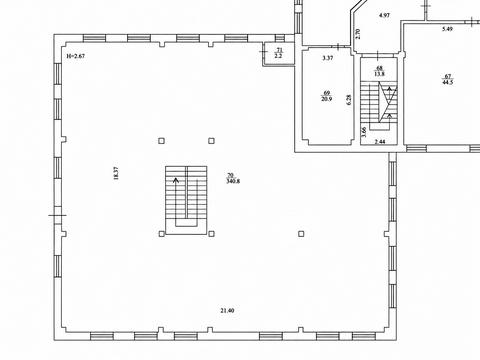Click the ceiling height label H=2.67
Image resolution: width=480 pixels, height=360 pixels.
tap(76, 56)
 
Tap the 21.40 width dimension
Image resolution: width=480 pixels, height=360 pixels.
tap(227, 311)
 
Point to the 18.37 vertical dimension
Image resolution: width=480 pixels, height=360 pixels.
tap(116, 173)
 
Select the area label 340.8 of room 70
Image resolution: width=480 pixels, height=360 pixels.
tap(233, 181)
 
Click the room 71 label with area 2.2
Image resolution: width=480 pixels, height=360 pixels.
tap(279, 53)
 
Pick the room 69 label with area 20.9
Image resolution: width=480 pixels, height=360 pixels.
tap(327, 96)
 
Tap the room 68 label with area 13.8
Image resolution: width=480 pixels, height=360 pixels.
tap(379, 71)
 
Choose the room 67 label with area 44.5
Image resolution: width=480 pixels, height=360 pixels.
tap(448, 79)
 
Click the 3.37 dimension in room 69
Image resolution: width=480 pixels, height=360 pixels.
tap(328, 58)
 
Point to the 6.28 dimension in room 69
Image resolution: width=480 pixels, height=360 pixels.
tap(349, 100)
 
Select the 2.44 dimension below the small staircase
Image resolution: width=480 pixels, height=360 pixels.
tap(380, 142)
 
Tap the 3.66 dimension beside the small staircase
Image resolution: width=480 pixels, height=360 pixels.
tap(364, 132)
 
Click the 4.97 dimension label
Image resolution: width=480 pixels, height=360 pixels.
tap(385, 15)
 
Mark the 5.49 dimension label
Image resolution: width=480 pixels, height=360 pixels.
tap(447, 29)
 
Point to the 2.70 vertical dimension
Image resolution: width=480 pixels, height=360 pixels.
tap(358, 34)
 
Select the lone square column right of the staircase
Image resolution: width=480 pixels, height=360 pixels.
tap(301, 234)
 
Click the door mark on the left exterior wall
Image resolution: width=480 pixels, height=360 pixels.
tap(57, 215)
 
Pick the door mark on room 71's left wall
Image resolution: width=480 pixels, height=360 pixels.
tap(264, 52)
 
